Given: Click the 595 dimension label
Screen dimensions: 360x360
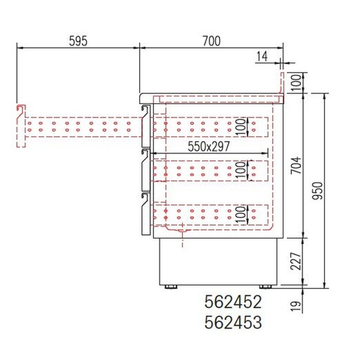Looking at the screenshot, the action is (78, 41).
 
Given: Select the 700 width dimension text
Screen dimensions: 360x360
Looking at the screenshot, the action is (212, 41).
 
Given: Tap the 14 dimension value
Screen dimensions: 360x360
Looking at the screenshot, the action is (262, 56).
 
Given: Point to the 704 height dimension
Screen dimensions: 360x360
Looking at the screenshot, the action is (296, 165).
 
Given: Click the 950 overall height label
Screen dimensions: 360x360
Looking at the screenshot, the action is (318, 191).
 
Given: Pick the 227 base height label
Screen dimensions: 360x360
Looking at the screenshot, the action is (296, 261).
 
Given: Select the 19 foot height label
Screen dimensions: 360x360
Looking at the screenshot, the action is (296, 306).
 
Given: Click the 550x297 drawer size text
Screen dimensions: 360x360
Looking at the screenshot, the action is (209, 147).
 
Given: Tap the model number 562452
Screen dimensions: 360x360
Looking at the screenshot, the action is (233, 302).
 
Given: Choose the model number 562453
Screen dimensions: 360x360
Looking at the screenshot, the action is (233, 322).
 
